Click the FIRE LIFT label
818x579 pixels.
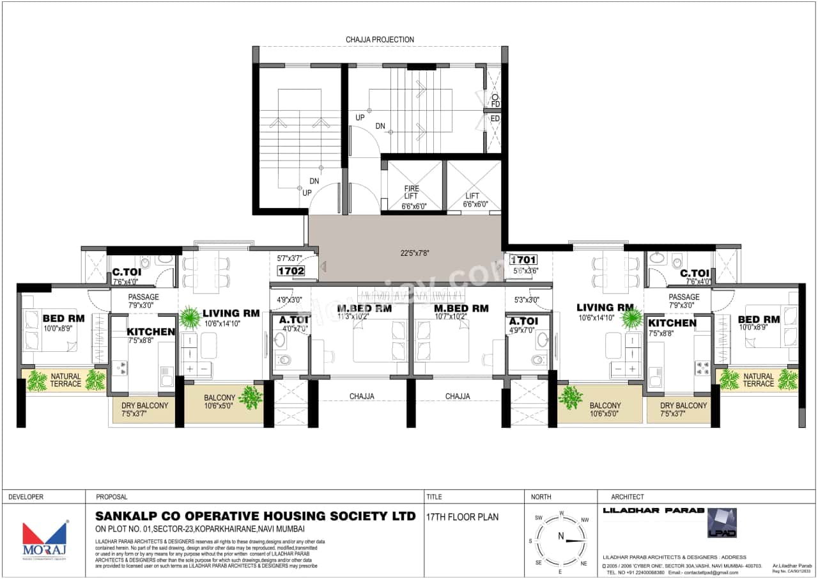click(412, 193)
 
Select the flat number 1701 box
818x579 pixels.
click(523, 260)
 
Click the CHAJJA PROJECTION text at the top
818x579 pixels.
click(380, 40)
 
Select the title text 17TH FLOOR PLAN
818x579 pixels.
click(461, 517)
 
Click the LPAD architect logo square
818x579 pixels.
click(722, 522)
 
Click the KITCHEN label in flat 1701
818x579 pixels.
click(672, 323)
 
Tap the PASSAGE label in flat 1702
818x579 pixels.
click(144, 297)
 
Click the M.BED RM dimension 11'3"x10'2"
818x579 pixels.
click(364, 316)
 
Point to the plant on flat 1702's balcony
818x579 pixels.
click(251, 397)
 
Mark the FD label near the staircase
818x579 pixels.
click(495, 104)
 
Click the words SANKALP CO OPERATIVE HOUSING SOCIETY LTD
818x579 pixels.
click(255, 516)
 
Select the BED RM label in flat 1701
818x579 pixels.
click(759, 319)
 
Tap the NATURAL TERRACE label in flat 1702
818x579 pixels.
click(66, 380)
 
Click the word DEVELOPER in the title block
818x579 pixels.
click(26, 496)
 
